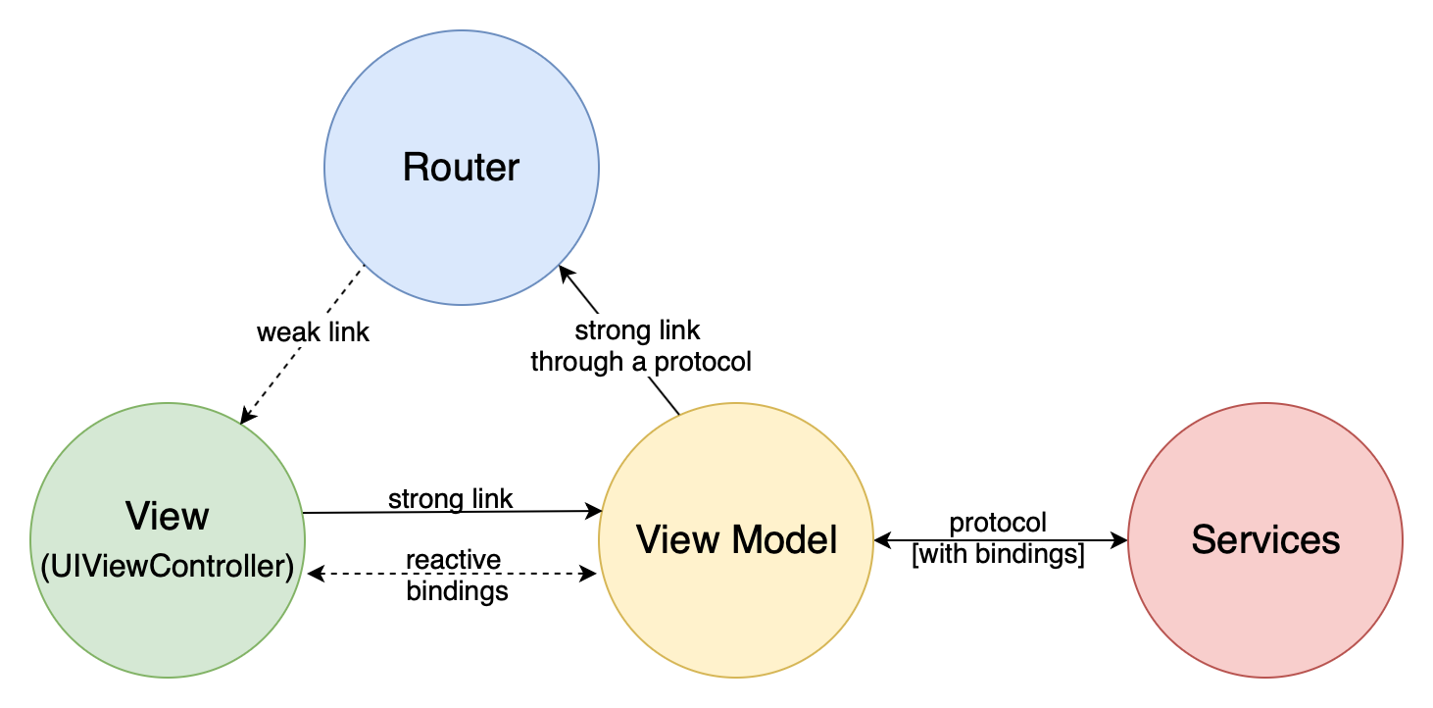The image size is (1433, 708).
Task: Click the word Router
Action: click(x=461, y=168)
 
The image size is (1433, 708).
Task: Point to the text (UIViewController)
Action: click(x=167, y=566)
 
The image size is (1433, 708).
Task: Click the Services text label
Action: click(x=1264, y=539)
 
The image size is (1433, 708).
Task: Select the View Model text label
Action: click(x=736, y=539)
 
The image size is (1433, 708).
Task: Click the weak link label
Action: click(x=313, y=332)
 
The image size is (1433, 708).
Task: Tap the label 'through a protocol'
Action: click(x=640, y=362)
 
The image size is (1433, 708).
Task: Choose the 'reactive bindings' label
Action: click(x=456, y=576)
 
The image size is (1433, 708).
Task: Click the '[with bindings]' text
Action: click(x=998, y=555)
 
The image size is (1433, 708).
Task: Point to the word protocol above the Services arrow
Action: click(x=998, y=523)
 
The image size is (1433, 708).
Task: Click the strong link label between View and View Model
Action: click(x=450, y=498)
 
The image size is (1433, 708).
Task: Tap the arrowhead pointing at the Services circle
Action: click(x=1119, y=539)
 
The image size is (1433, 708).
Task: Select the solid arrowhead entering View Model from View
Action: click(x=594, y=511)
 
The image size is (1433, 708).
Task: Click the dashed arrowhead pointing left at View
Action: click(x=314, y=575)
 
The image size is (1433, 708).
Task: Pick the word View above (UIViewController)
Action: click(x=167, y=516)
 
